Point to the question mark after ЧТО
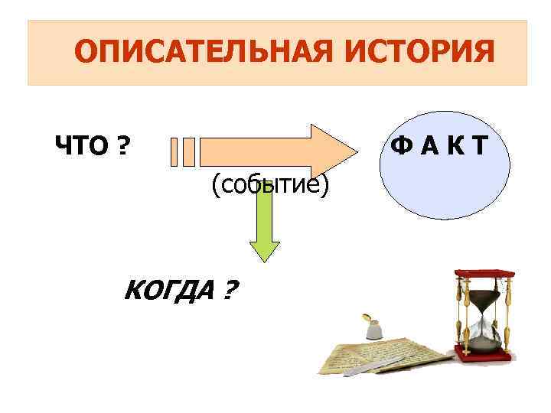(121, 145)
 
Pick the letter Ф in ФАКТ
(400, 145)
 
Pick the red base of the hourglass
(485, 351)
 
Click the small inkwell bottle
(372, 327)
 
